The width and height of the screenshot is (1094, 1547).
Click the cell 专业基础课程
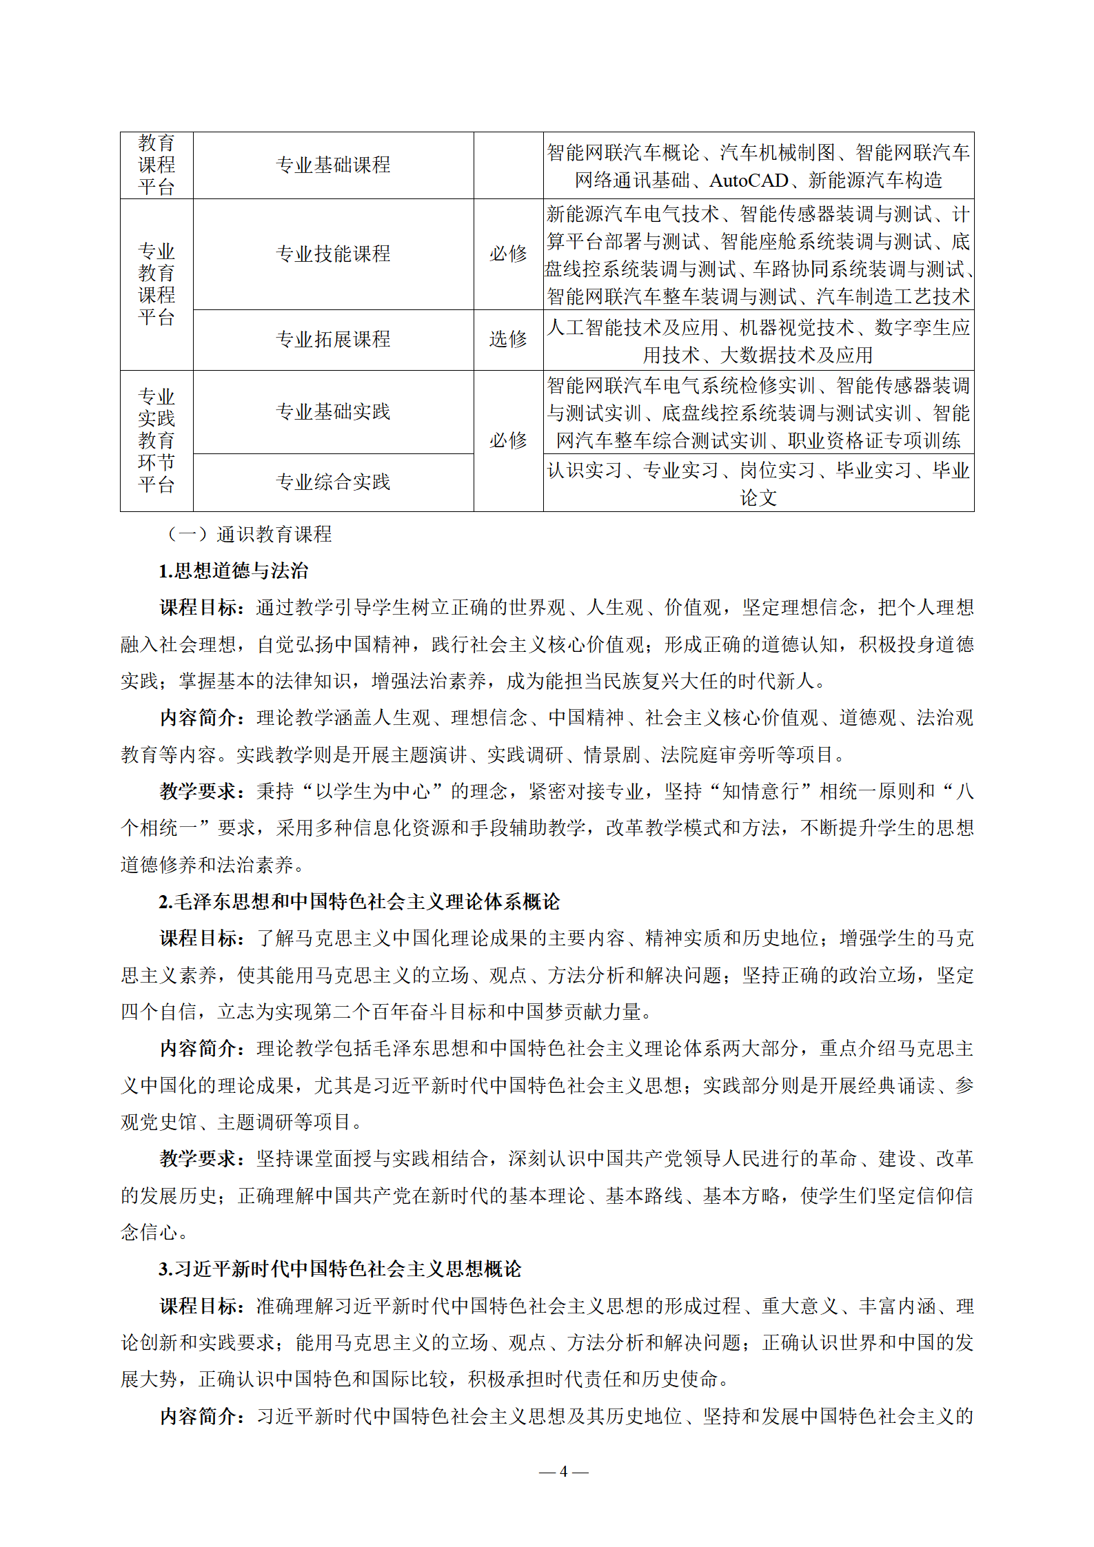point(333,165)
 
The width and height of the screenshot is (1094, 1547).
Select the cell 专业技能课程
point(333,254)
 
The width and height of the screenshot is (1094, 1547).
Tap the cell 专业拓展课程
point(333,339)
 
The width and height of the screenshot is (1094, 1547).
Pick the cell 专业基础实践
point(333,412)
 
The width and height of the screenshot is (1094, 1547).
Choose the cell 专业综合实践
point(333,482)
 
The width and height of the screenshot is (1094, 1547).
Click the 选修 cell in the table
point(508,339)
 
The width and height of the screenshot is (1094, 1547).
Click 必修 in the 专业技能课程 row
point(508,254)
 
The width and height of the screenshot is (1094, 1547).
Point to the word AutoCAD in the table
point(749,181)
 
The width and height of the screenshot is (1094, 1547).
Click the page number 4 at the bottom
point(563,1471)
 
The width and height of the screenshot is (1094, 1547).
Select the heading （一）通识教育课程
point(248,534)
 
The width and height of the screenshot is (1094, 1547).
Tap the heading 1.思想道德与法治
point(234,571)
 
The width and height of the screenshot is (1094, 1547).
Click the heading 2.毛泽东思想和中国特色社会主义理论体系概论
point(359,901)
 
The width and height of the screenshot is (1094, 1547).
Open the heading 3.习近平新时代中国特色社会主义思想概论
point(340,1269)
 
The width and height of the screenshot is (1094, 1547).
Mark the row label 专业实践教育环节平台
point(156,441)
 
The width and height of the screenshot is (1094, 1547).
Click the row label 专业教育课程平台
point(156,285)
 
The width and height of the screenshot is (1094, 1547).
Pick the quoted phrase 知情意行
point(760,791)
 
